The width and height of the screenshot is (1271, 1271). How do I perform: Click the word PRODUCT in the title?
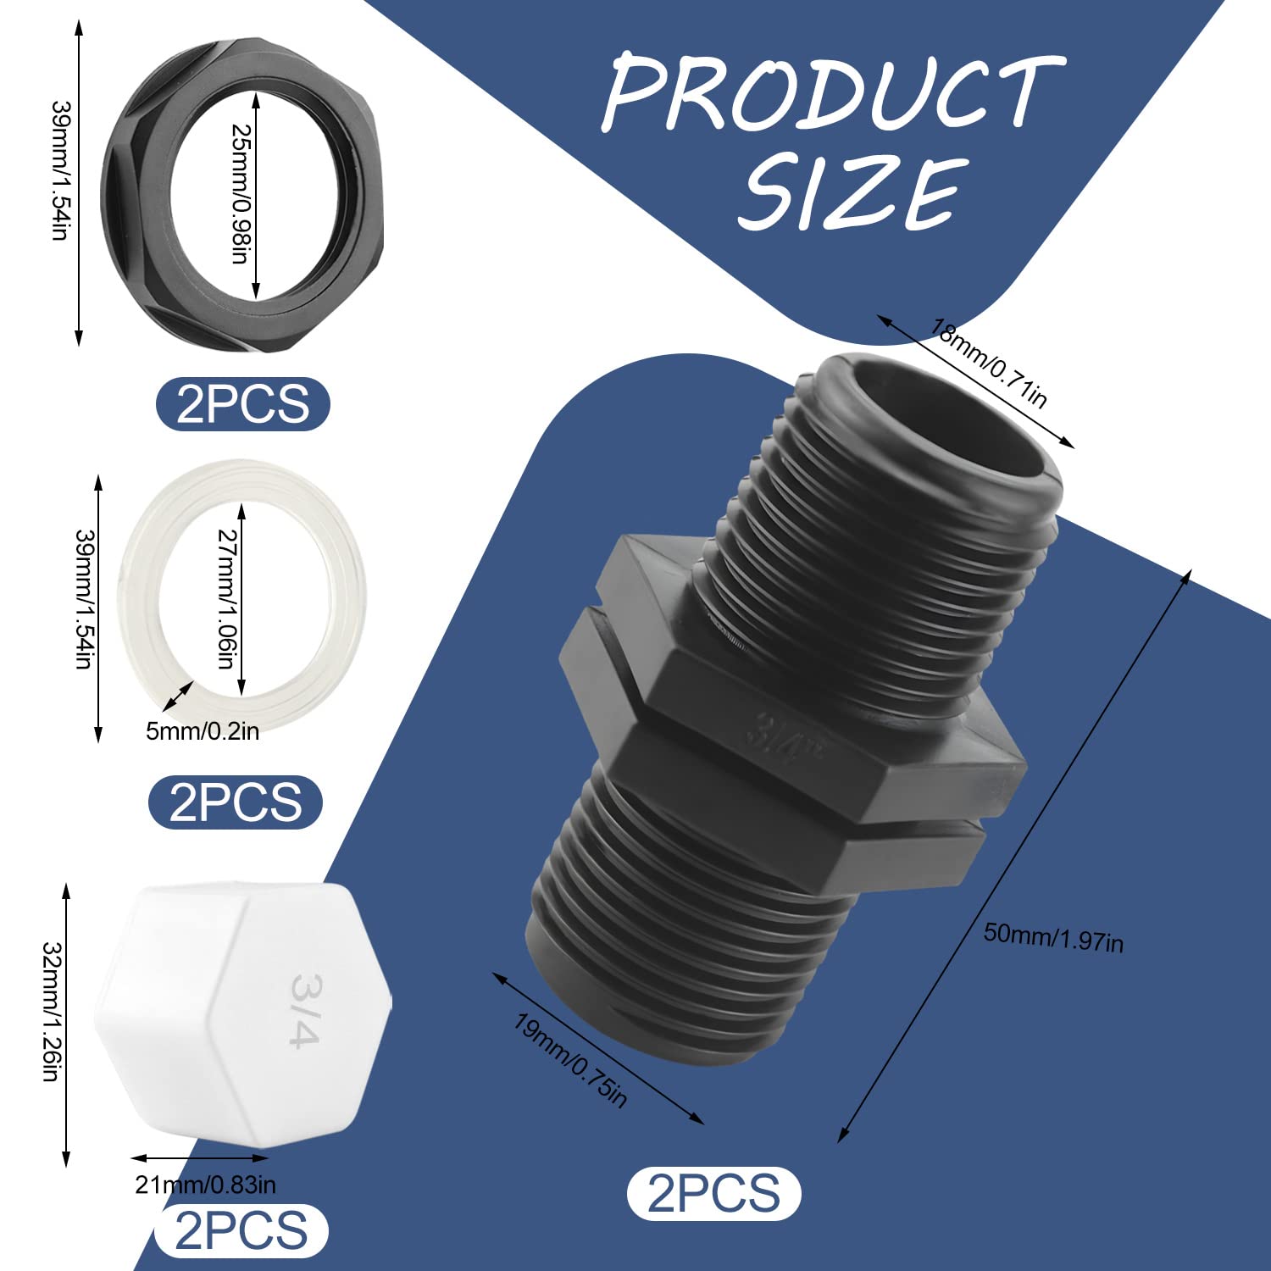click(x=832, y=92)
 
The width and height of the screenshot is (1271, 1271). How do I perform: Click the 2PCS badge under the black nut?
click(x=243, y=404)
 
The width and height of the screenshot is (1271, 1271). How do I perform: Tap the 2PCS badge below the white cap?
click(x=241, y=1230)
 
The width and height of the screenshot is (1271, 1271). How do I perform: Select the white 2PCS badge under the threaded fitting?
click(x=713, y=1193)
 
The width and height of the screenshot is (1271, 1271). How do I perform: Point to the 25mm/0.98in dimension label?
click(x=241, y=193)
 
